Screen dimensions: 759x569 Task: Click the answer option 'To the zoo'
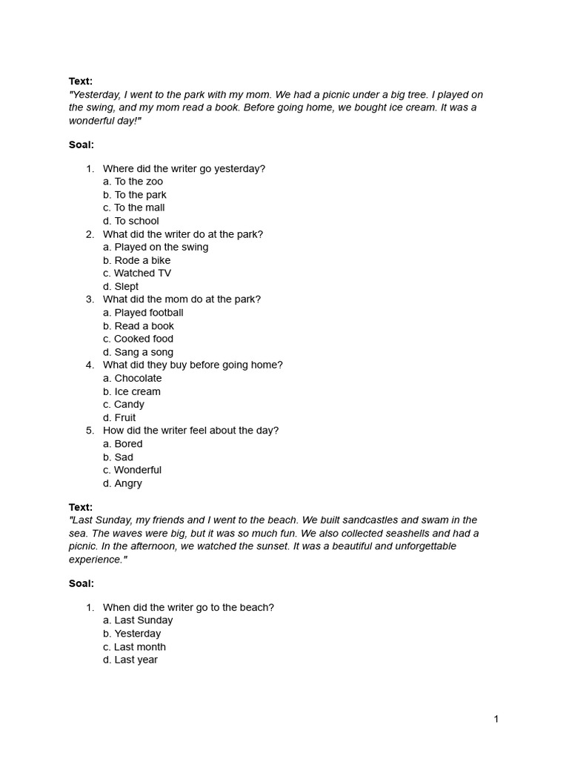133,182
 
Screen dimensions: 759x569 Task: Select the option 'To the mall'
134,208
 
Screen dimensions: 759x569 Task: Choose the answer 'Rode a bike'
137,260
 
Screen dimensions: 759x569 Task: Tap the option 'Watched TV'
137,274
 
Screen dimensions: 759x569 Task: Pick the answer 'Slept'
121,287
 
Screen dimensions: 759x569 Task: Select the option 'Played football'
143,313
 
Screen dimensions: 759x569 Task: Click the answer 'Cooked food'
139,339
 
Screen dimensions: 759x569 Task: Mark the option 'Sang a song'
139,352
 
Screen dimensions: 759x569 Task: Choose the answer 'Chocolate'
133,378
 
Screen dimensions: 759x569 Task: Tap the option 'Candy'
124,405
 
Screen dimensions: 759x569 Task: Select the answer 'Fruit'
120,417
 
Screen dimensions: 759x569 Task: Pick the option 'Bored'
123,444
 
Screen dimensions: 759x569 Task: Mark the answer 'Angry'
123,483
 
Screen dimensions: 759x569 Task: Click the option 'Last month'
135,647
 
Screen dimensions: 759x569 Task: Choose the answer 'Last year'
130,660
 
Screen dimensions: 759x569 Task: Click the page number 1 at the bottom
496,719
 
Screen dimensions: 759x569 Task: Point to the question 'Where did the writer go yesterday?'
184,168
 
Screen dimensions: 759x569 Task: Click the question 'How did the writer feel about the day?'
190,431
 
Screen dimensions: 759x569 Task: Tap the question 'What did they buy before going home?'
193,365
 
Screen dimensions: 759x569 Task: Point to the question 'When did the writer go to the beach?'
188,607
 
